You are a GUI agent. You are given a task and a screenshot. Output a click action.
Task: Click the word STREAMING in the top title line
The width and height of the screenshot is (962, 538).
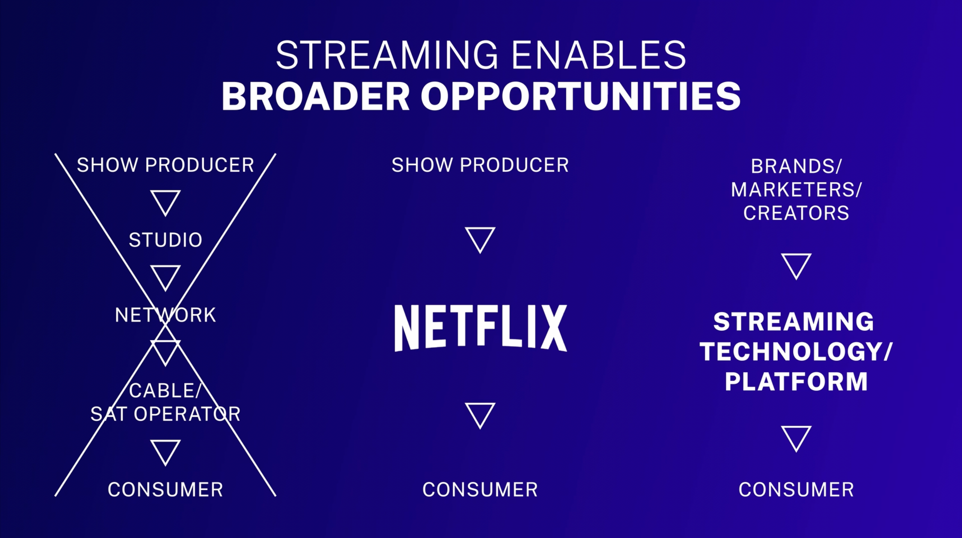387,55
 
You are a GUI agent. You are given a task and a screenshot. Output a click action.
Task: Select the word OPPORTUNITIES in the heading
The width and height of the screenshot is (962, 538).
581,96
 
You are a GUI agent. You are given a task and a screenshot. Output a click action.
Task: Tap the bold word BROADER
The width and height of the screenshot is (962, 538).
316,96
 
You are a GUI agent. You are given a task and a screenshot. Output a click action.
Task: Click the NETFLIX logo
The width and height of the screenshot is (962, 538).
481,328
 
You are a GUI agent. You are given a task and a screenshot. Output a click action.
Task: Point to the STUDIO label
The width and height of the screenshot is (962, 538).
165,240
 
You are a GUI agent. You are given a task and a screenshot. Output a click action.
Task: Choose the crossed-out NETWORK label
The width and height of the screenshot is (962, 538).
165,315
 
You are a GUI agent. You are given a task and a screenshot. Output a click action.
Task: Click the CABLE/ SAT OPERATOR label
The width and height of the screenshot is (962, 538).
165,402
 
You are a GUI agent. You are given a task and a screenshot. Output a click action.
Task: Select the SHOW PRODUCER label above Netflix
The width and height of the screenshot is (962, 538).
480,165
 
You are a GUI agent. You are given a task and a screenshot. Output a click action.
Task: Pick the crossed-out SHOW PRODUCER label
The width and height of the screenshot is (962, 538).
165,165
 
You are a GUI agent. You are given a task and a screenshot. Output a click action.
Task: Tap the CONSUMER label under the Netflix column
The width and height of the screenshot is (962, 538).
480,490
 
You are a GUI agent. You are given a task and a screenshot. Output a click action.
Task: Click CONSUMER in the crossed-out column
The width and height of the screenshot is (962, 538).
165,490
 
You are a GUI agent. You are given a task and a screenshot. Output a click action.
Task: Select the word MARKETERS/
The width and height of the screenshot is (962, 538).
796,189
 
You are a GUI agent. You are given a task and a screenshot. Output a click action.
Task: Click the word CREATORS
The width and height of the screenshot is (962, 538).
796,213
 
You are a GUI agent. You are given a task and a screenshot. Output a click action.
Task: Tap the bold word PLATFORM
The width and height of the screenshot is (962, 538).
796,382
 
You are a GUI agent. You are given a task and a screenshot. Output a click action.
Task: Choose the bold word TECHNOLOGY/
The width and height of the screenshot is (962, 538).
796,352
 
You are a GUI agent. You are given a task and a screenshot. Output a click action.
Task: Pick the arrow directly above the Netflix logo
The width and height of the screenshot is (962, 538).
480,240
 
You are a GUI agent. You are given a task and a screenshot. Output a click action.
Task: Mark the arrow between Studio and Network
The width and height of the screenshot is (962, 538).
165,278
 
